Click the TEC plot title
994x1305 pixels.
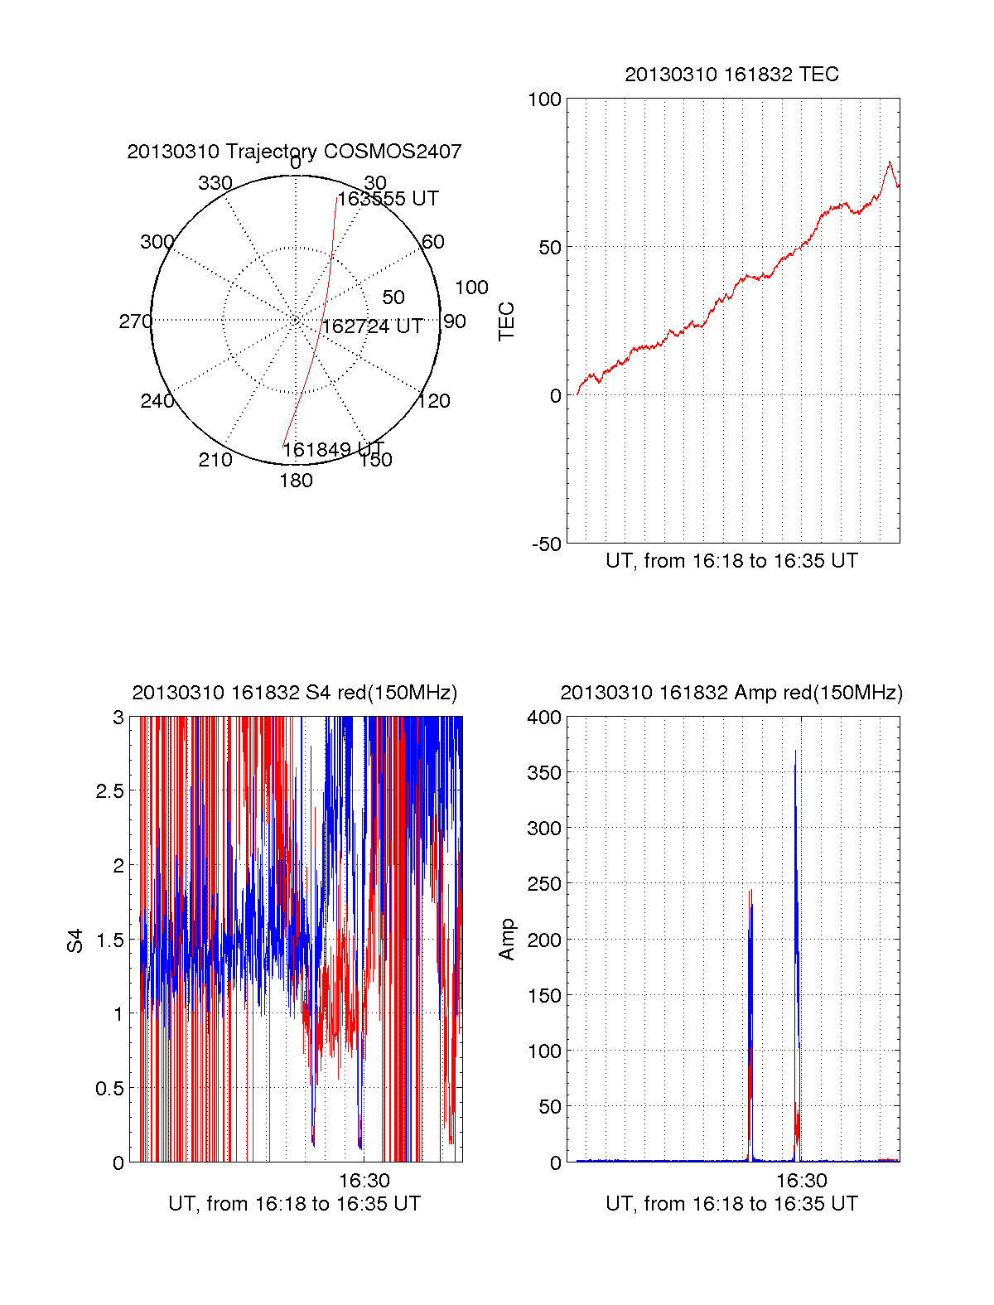[731, 75]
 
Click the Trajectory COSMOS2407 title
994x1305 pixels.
[294, 152]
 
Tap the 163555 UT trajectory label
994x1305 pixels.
[388, 199]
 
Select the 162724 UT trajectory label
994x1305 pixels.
[372, 326]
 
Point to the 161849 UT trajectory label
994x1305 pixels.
[333, 450]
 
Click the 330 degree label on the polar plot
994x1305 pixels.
[215, 183]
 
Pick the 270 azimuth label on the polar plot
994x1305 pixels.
[135, 321]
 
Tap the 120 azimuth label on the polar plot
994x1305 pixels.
[434, 401]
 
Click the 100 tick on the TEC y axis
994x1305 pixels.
[544, 99]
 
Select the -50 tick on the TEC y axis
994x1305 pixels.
[546, 544]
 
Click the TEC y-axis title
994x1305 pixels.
[506, 321]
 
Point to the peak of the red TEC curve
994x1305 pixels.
[890, 162]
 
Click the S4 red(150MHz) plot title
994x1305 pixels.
[294, 693]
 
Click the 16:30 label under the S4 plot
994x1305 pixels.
[364, 1180]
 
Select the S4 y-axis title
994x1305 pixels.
[75, 940]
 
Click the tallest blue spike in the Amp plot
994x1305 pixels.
[795, 752]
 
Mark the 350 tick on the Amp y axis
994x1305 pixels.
[544, 773]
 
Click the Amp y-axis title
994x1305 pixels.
[506, 940]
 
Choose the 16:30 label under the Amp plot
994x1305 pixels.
[802, 1180]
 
